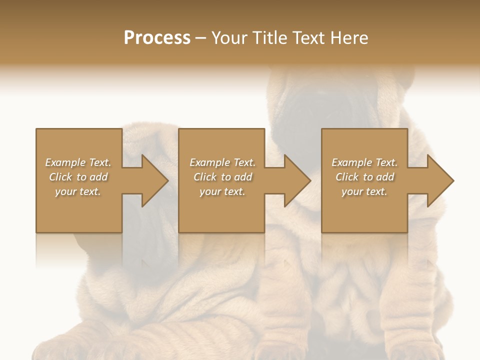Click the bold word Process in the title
click(157, 38)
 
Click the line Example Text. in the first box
click(78, 162)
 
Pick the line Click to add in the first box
click(78, 177)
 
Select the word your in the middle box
click(210, 191)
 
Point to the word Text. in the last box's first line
click(386, 162)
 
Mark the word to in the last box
click(368, 177)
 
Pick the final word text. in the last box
click(376, 191)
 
